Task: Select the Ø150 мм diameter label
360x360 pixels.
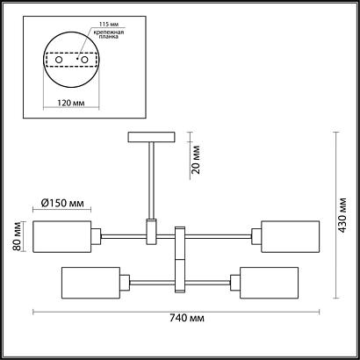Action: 62,205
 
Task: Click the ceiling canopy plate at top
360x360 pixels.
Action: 152,136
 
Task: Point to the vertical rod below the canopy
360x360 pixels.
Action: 152,180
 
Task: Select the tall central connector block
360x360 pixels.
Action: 180,259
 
